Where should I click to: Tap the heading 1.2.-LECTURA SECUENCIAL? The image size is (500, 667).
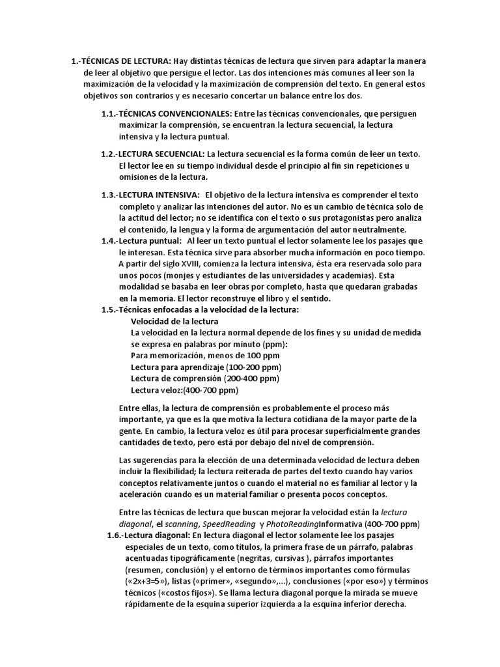(153, 154)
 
